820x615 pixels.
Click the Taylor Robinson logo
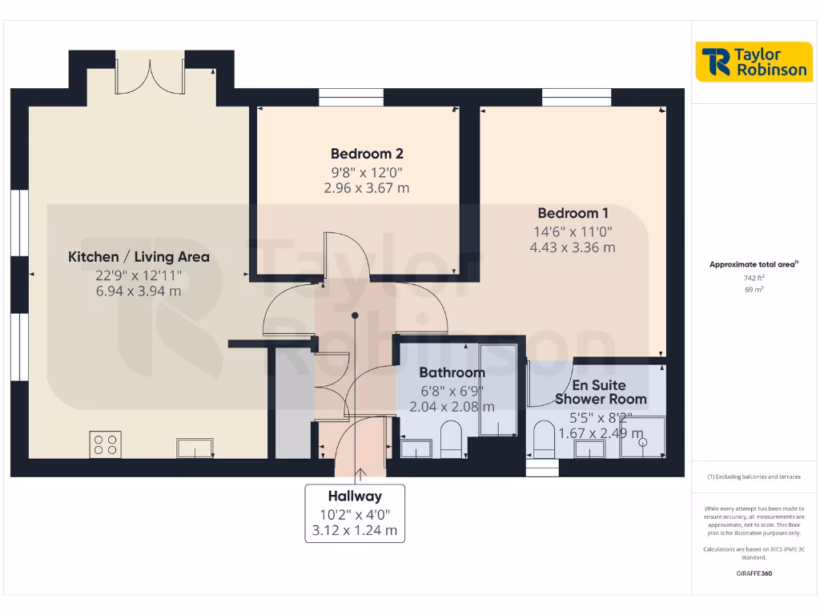click(x=753, y=62)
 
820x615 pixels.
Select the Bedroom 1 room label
click(x=573, y=213)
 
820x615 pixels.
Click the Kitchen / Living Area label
click(x=139, y=257)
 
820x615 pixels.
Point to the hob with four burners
click(x=107, y=444)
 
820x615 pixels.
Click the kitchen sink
click(x=195, y=448)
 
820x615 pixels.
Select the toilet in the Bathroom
click(x=452, y=441)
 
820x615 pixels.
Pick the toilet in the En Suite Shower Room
click(x=545, y=441)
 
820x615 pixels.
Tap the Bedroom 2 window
click(x=351, y=98)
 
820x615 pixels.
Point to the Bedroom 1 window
click(x=577, y=98)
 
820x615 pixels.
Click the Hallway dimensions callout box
click(x=355, y=513)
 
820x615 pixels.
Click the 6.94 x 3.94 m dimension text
click(x=139, y=291)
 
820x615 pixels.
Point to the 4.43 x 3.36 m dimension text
click(x=573, y=247)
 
